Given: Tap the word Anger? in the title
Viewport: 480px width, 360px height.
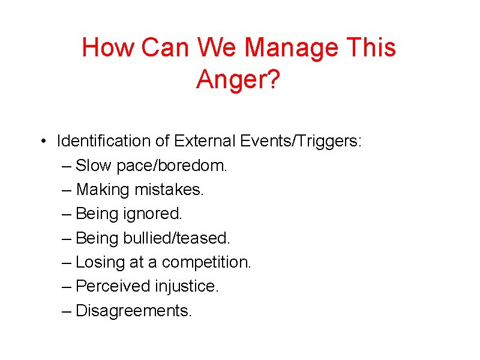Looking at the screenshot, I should click(x=238, y=79).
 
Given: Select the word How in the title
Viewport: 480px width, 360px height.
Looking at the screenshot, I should click(x=106, y=47).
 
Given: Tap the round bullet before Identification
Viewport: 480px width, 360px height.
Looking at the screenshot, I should click(x=44, y=142).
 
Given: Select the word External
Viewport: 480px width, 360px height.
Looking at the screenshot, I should click(x=205, y=142).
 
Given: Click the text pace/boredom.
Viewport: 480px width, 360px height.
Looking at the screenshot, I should click(x=175, y=166).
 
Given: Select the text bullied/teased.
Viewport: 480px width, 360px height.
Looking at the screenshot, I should click(x=176, y=238).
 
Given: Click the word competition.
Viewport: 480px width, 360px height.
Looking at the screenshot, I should click(x=207, y=263).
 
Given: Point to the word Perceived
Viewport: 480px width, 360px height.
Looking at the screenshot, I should click(x=113, y=286).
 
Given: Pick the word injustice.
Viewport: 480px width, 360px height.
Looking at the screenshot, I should click(x=187, y=286).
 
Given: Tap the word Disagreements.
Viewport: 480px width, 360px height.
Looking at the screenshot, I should click(x=134, y=311).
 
